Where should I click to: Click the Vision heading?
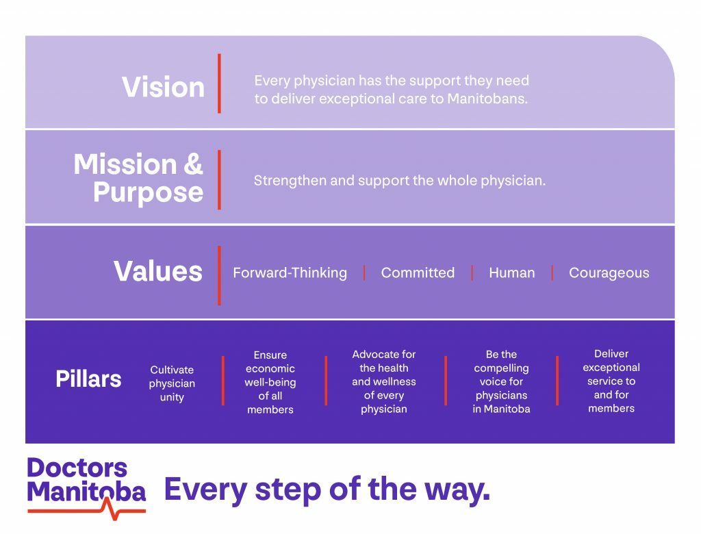(163, 87)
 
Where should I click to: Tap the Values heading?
(158, 271)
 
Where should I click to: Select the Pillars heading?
(88, 379)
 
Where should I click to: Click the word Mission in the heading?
(125, 164)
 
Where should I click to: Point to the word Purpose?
(149, 193)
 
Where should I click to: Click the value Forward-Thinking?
(290, 272)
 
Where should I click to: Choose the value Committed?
(418, 272)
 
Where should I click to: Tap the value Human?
(512, 272)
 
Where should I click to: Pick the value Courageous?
(609, 272)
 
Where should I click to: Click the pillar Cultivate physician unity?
(172, 383)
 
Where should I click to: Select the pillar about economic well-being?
(270, 382)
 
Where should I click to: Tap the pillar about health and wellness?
(383, 381)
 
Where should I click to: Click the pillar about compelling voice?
(501, 381)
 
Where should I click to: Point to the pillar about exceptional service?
(611, 381)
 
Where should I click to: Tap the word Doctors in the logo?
(77, 468)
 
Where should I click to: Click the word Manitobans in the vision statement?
(487, 99)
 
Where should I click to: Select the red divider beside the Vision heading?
(219, 84)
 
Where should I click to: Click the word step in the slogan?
(288, 490)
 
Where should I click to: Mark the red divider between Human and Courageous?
(552, 272)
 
